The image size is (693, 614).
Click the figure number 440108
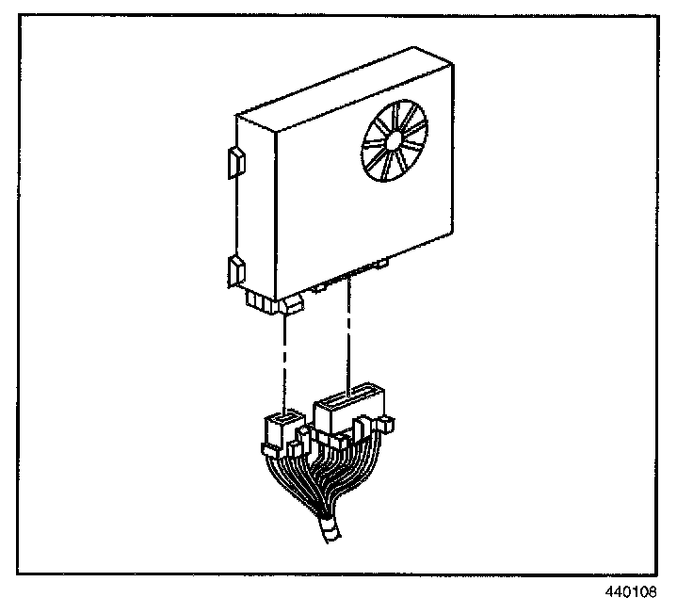click(x=631, y=593)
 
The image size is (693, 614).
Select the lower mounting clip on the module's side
click(x=235, y=271)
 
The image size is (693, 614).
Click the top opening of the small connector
click(x=282, y=415)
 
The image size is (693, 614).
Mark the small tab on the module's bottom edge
click(x=381, y=265)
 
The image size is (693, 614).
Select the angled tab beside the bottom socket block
click(x=294, y=303)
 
